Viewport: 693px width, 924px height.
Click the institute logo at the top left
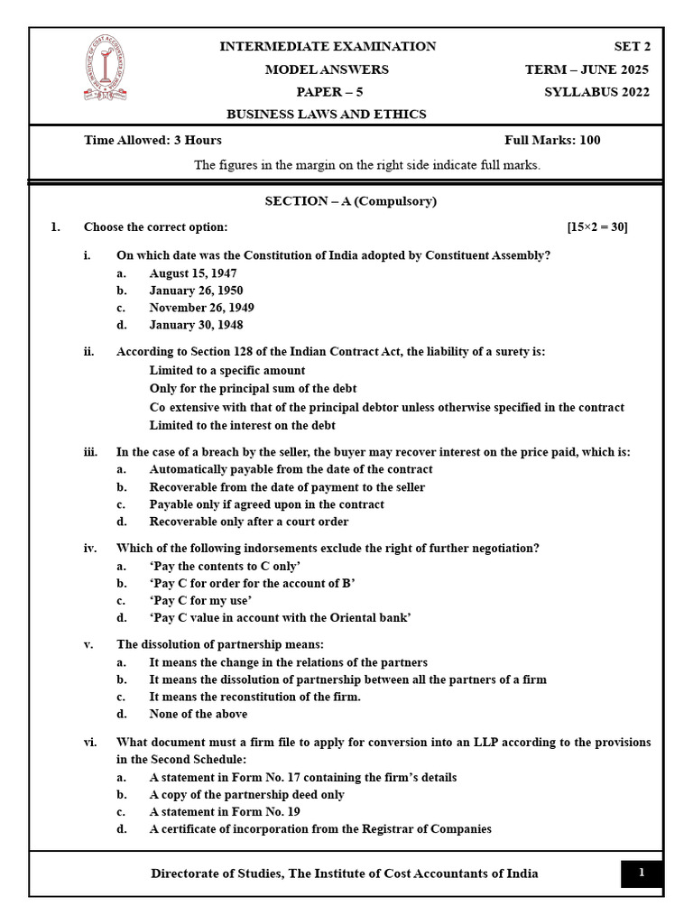(105, 68)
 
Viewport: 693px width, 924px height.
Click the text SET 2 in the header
(631, 47)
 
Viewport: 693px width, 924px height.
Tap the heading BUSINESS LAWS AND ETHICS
(326, 115)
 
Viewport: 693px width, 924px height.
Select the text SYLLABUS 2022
(596, 92)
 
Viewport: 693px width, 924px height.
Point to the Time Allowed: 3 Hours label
(152, 140)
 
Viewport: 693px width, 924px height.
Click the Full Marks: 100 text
(552, 140)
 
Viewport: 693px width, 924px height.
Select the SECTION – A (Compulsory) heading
(337, 201)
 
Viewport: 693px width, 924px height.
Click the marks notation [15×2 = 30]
(596, 226)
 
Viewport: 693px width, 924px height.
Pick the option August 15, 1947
(193, 273)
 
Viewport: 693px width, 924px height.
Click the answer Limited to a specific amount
(227, 370)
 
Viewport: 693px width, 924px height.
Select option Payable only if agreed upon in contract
(266, 504)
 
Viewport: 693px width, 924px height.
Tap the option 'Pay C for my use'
(200, 600)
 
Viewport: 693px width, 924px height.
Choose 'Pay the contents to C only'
(225, 566)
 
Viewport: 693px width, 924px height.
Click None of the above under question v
(198, 714)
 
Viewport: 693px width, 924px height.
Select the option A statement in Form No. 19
(225, 811)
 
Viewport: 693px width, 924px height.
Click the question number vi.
(90, 742)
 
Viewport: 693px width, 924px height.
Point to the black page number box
(642, 873)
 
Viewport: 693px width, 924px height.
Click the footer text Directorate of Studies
(344, 873)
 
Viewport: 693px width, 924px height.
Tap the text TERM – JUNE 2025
(587, 69)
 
